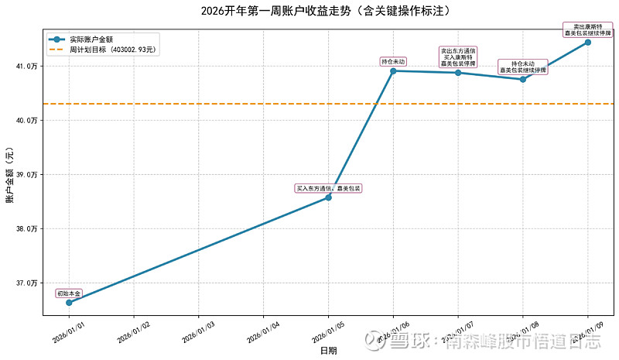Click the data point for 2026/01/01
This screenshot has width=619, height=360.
(x=69, y=302)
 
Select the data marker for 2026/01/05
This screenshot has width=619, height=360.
(x=328, y=197)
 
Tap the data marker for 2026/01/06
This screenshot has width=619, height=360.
(x=393, y=70)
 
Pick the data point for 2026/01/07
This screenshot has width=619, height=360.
(x=458, y=73)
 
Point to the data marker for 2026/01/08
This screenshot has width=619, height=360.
(x=523, y=79)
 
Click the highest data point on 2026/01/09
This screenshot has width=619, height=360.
(x=588, y=42)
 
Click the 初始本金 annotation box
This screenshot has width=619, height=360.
(x=69, y=293)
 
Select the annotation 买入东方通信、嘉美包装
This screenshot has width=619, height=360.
(x=328, y=188)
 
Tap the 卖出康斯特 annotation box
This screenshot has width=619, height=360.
(x=588, y=30)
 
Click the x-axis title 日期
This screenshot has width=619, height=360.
(x=328, y=351)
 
